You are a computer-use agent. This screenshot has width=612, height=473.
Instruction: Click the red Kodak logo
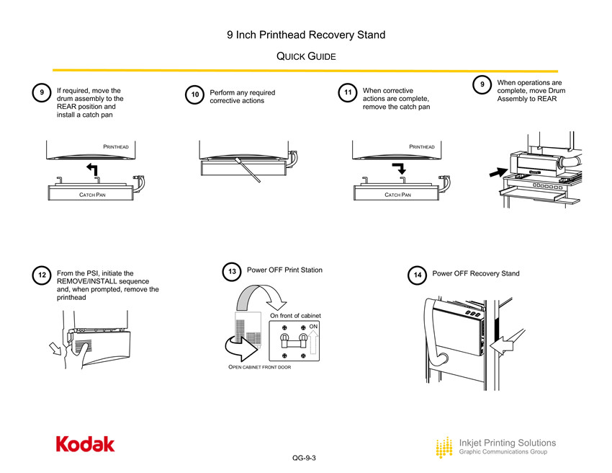tap(85, 444)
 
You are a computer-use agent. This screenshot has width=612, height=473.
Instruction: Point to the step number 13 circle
tap(232, 273)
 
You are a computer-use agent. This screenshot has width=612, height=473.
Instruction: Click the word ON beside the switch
tap(313, 327)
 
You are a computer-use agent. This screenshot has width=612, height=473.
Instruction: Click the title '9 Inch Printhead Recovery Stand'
tap(306, 35)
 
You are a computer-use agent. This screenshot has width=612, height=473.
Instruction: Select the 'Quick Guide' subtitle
tap(306, 56)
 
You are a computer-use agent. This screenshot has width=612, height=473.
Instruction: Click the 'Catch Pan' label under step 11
tap(397, 195)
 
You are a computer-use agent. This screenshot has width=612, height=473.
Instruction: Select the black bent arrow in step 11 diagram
tap(398, 169)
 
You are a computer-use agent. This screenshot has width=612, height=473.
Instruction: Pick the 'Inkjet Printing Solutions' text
tap(508, 442)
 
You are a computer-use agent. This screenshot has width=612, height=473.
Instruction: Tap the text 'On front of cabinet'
tap(295, 316)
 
